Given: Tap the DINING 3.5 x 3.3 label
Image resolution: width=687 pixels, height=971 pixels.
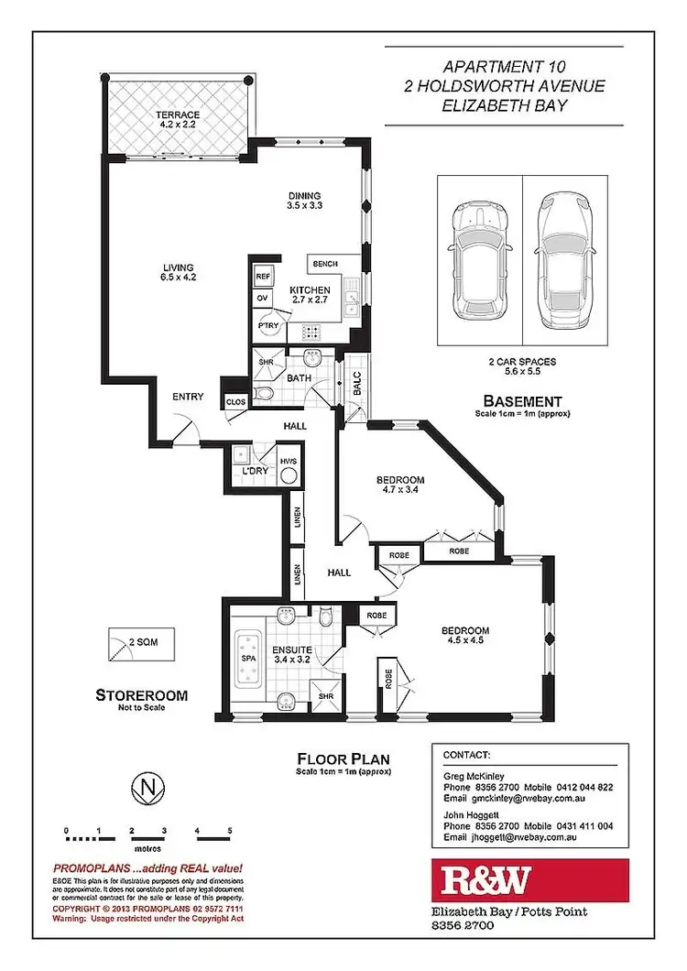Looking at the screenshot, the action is pyautogui.click(x=305, y=201).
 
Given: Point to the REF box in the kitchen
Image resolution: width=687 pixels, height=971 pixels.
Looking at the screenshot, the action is pyautogui.click(x=263, y=276).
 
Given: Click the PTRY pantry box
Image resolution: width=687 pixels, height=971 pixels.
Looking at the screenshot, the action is pyautogui.click(x=268, y=324).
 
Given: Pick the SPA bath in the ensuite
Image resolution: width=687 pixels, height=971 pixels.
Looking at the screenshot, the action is pyautogui.click(x=246, y=658).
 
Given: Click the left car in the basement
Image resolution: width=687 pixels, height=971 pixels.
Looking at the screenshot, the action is pyautogui.click(x=477, y=261).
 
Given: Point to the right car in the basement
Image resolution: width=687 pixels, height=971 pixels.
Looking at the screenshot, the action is pyautogui.click(x=562, y=261).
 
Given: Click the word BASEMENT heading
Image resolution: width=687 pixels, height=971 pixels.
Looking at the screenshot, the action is pyautogui.click(x=521, y=400).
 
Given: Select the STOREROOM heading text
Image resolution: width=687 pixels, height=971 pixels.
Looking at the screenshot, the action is pyautogui.click(x=142, y=695).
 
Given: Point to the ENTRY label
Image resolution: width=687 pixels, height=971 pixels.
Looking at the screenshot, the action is pyautogui.click(x=187, y=398).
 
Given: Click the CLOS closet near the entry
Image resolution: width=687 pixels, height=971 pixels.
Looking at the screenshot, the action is pyautogui.click(x=234, y=401).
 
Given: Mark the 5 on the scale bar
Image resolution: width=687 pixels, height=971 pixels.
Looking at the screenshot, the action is pyautogui.click(x=230, y=831).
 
